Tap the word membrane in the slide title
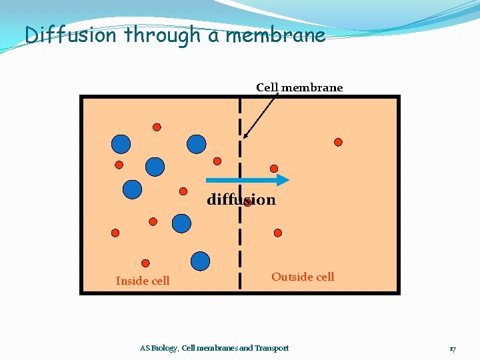(275, 35)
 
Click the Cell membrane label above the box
(299, 87)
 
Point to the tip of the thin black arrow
(245, 137)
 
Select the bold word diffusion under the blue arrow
(241, 199)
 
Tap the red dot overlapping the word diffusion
(247, 202)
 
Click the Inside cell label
(143, 281)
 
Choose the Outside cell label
(303, 277)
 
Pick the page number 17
(453, 349)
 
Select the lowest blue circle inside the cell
(200, 261)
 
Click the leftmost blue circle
(121, 143)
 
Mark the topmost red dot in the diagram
(157, 127)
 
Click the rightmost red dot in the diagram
(338, 142)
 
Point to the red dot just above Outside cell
(278, 233)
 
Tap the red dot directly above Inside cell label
(145, 263)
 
